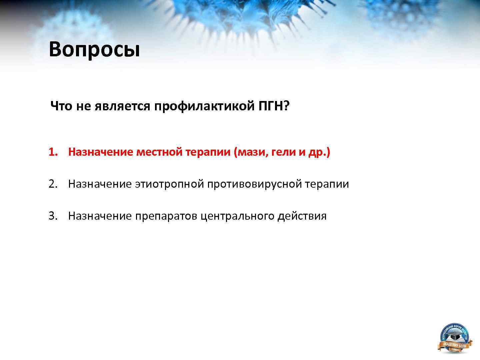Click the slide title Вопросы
pyautogui.click(x=94, y=49)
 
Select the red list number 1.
pyautogui.click(x=53, y=152)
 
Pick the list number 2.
pyautogui.click(x=53, y=184)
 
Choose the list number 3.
pyautogui.click(x=53, y=216)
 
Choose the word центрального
pyautogui.click(x=238, y=216)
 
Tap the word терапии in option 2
pyautogui.click(x=327, y=184)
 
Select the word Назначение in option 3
pyautogui.click(x=100, y=216)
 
